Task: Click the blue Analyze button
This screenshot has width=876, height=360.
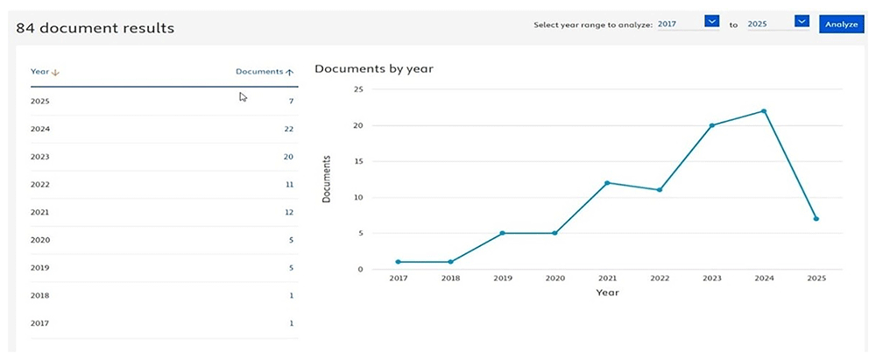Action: pyautogui.click(x=841, y=24)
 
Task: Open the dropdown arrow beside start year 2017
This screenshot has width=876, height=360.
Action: pyautogui.click(x=711, y=21)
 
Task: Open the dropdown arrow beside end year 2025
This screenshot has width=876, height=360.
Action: pyautogui.click(x=802, y=21)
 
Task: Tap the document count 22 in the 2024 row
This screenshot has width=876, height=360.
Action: pyautogui.click(x=288, y=129)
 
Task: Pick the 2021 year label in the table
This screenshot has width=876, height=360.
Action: pyautogui.click(x=40, y=213)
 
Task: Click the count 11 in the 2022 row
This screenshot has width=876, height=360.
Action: pyautogui.click(x=289, y=185)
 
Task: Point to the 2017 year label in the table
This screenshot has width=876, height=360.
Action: pyautogui.click(x=40, y=323)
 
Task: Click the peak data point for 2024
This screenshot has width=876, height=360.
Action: pyautogui.click(x=764, y=111)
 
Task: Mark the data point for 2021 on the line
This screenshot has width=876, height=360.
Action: pyautogui.click(x=607, y=183)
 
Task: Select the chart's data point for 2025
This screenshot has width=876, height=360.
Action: pyautogui.click(x=816, y=219)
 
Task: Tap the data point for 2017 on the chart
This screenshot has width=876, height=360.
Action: pyautogui.click(x=398, y=262)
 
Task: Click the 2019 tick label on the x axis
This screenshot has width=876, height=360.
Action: pyautogui.click(x=502, y=279)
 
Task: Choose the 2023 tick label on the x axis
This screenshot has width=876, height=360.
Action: pyautogui.click(x=711, y=279)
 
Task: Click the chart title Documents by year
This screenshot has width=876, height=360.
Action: pyautogui.click(x=374, y=69)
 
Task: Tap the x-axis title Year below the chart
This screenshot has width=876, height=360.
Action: pyautogui.click(x=607, y=293)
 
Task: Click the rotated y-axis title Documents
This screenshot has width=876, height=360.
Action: pyautogui.click(x=327, y=179)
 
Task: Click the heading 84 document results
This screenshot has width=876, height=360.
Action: pyautogui.click(x=95, y=28)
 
